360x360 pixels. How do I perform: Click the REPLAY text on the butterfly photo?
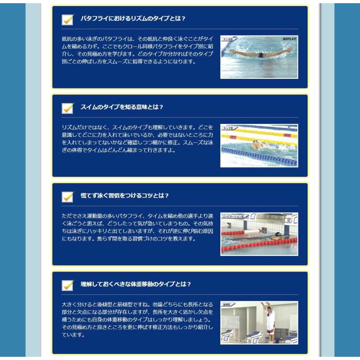[x=289, y=39]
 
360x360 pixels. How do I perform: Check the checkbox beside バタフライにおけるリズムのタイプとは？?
[x=68, y=19]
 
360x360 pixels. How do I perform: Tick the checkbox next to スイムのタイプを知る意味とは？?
[x=68, y=108]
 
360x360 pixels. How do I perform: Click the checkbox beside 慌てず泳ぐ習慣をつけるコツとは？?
[x=68, y=196]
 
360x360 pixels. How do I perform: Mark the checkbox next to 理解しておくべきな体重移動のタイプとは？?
[x=68, y=285]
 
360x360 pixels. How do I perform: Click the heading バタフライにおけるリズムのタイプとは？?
[x=133, y=18]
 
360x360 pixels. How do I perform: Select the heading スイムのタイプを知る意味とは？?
[x=122, y=107]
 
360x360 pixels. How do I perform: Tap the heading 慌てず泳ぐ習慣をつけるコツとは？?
[x=125, y=196]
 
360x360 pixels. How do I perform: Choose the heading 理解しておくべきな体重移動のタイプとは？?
[x=136, y=284]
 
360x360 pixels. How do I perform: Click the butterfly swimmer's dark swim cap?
[x=260, y=55]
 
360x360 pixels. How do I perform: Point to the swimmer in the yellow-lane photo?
[x=258, y=145]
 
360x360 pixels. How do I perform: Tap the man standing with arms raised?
[x=270, y=320]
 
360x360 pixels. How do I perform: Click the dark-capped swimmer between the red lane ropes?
[x=277, y=236]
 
